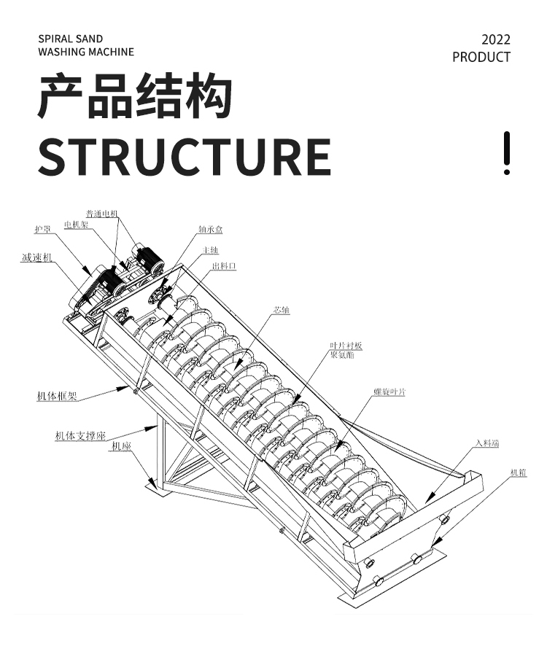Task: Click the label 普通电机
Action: (102, 214)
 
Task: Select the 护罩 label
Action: (42, 230)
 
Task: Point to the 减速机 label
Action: (36, 257)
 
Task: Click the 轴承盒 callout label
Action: (210, 230)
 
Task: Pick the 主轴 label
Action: (211, 250)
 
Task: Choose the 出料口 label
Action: (224, 267)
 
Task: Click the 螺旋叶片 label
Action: (389, 392)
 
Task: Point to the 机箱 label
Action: (519, 473)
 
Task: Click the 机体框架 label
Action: (58, 397)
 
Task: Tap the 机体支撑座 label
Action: (81, 436)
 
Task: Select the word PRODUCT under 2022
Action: (481, 57)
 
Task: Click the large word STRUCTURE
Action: (185, 155)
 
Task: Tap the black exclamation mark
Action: (507, 153)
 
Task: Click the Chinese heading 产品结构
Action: (136, 96)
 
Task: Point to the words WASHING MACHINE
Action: (86, 52)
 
